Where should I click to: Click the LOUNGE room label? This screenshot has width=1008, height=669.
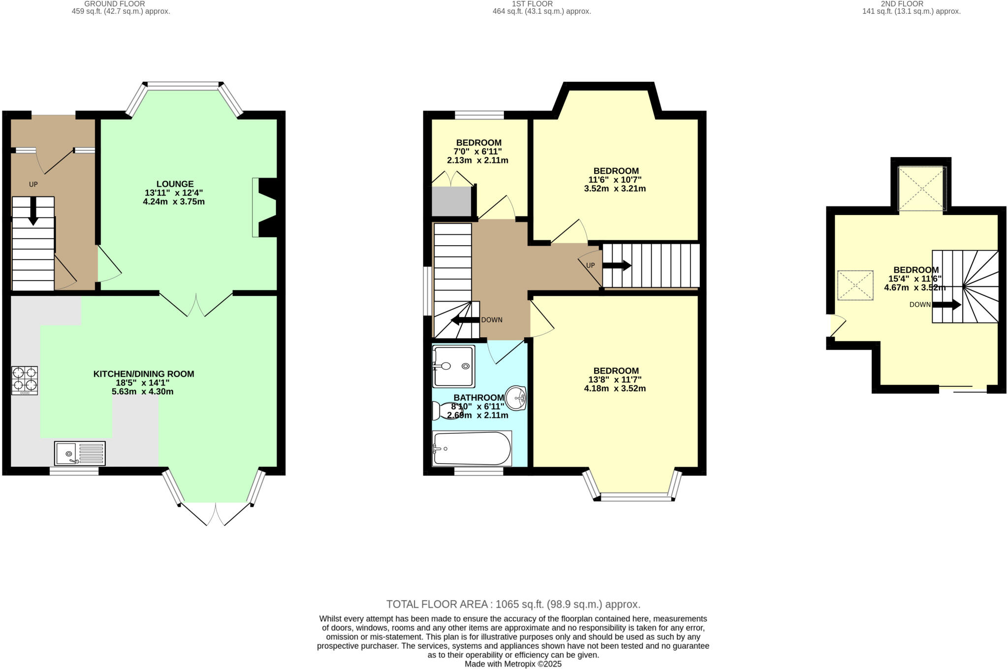(175, 184)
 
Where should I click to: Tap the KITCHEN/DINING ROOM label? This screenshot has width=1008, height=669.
(144, 374)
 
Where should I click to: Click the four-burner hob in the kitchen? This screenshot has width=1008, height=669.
(25, 381)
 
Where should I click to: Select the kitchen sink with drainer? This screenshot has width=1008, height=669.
(80, 453)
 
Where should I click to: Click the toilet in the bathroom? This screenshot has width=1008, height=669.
(444, 411)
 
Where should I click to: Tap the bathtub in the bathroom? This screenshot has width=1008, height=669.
(472, 448)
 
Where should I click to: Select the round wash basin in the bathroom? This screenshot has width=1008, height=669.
(516, 398)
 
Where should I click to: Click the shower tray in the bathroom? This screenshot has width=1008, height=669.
(453, 366)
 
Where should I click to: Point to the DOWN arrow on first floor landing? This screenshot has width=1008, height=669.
(465, 320)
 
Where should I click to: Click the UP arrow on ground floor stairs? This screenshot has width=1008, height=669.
(33, 211)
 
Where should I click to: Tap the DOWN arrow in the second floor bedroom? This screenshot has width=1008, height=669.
(946, 305)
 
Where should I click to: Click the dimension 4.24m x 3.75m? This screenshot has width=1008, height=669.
(174, 202)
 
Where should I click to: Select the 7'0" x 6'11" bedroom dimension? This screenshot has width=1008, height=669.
(477, 152)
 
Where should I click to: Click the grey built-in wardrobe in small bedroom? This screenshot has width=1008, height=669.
(451, 201)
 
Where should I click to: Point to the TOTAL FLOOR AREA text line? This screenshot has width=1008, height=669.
(513, 604)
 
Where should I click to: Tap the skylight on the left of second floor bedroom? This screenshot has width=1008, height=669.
(855, 286)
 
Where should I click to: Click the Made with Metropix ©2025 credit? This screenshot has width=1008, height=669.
(513, 664)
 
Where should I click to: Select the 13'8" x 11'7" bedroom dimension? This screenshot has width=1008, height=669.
(615, 380)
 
